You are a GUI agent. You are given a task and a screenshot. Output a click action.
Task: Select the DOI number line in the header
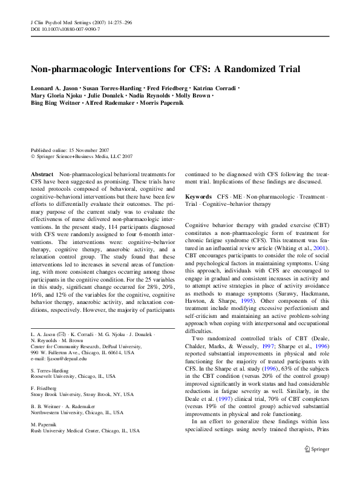(65, 28)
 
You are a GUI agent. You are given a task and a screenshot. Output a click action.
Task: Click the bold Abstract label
(42, 173)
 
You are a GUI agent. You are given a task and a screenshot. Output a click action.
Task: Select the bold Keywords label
(198, 197)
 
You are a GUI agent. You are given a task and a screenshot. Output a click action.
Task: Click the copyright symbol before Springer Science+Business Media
(33, 156)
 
